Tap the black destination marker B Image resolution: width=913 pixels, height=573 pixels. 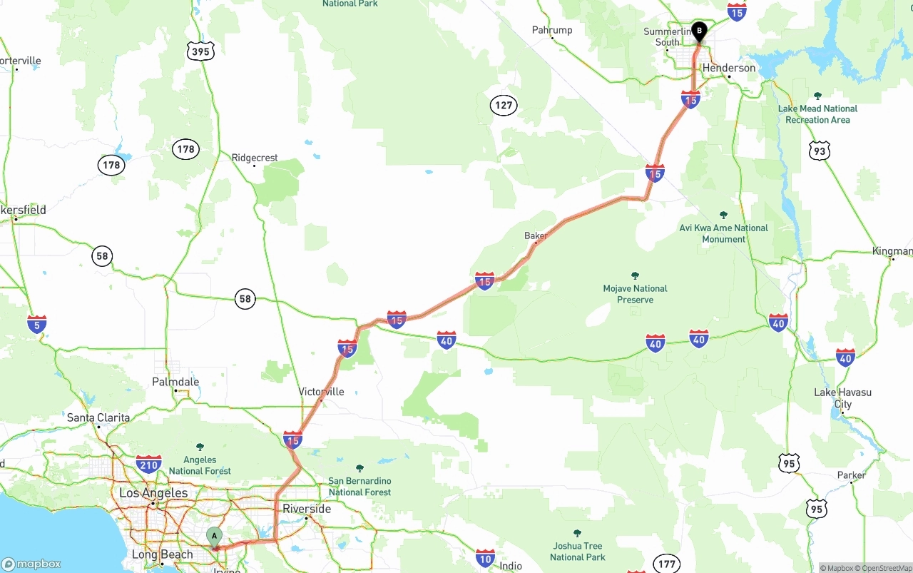pos(699,31)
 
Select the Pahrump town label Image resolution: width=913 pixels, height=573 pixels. pos(552,30)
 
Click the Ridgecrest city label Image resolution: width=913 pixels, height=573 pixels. pos(255,158)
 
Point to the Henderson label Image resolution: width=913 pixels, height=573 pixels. pos(729,68)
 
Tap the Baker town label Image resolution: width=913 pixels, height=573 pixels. pos(535,235)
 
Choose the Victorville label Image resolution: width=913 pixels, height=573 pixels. pos(321,392)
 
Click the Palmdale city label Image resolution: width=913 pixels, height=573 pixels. pos(175,382)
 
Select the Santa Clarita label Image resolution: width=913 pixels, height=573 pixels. pos(98,417)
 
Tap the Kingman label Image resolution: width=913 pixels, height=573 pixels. pos(892,251)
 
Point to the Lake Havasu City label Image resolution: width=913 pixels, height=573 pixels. pos(843,398)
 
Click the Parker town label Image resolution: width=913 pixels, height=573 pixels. pos(851,475)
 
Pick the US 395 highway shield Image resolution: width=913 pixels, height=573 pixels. pos(201,51)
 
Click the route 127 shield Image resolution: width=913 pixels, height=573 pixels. pos(504,106)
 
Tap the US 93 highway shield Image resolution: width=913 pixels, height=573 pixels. pos(819,151)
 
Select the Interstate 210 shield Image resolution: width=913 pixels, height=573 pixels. pos(148,464)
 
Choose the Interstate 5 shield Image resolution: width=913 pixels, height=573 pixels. pos(37,324)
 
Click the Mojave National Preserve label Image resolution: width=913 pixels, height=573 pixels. pos(635,294)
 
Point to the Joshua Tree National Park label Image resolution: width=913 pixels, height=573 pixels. pos(577,551)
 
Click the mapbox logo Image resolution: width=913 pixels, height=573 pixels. pos(31,564)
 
